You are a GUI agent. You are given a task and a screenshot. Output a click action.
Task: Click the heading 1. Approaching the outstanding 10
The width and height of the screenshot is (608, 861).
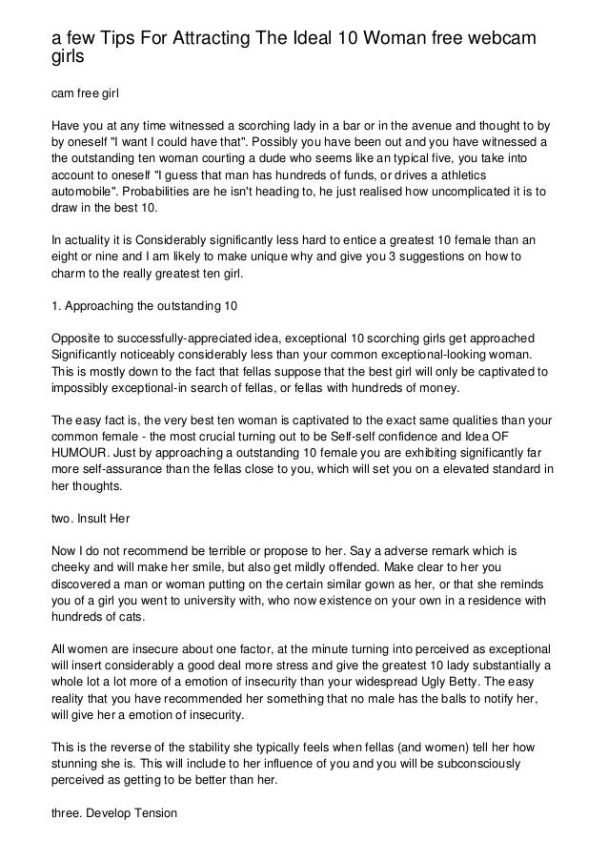[x=142, y=306]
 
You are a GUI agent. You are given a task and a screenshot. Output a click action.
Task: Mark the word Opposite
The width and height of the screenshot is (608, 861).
[x=75, y=340]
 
